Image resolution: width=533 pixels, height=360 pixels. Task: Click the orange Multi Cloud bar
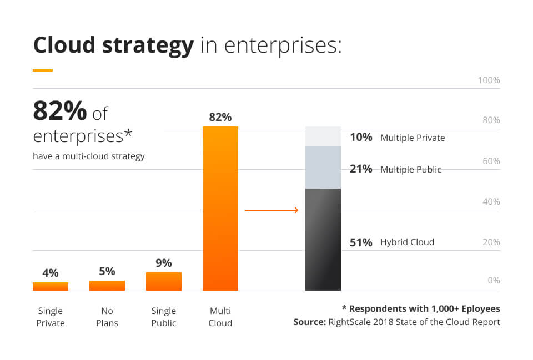[220, 209]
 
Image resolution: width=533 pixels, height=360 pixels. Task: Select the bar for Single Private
[51, 286]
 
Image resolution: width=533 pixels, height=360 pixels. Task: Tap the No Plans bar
[107, 286]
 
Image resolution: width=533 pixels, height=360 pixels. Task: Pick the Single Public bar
[164, 281]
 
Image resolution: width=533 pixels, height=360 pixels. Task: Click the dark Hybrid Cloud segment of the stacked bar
[323, 240]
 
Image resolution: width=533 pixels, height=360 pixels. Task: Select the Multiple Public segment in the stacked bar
[323, 168]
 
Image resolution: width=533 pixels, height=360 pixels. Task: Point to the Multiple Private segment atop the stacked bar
[323, 136]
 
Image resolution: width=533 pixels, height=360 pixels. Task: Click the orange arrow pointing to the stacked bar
[271, 210]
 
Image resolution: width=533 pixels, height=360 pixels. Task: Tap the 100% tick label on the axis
[489, 80]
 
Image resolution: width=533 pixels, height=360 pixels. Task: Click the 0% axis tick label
[494, 281]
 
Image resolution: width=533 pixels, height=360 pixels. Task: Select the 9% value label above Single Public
[164, 263]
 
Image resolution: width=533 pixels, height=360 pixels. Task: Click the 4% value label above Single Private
[51, 273]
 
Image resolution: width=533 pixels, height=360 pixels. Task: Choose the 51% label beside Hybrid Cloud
[361, 242]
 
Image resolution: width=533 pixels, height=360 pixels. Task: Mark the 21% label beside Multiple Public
[361, 169]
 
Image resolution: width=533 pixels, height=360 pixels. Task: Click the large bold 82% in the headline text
[60, 111]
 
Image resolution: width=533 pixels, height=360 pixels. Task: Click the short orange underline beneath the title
[43, 70]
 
